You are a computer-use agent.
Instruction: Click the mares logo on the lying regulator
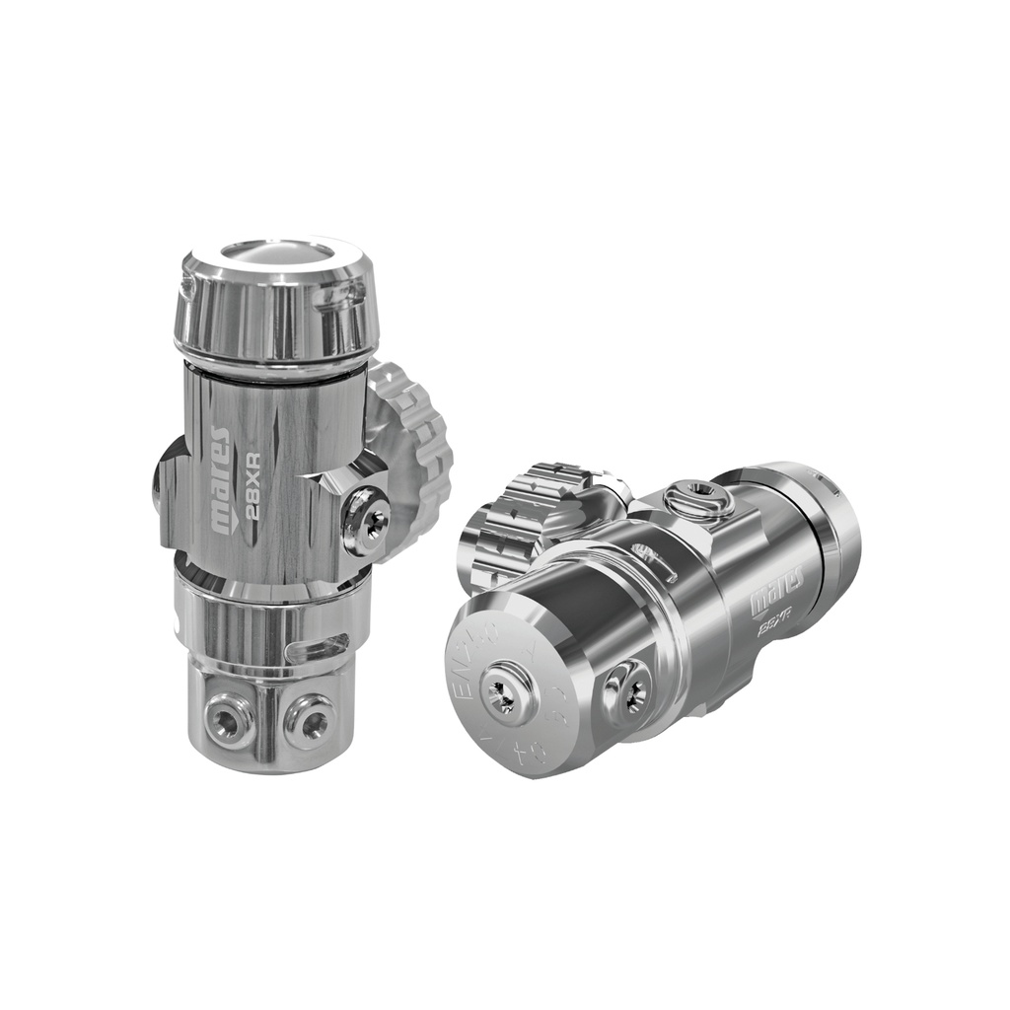[777, 588]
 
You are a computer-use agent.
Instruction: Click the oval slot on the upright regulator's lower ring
[317, 648]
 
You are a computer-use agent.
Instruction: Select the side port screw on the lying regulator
[628, 685]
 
